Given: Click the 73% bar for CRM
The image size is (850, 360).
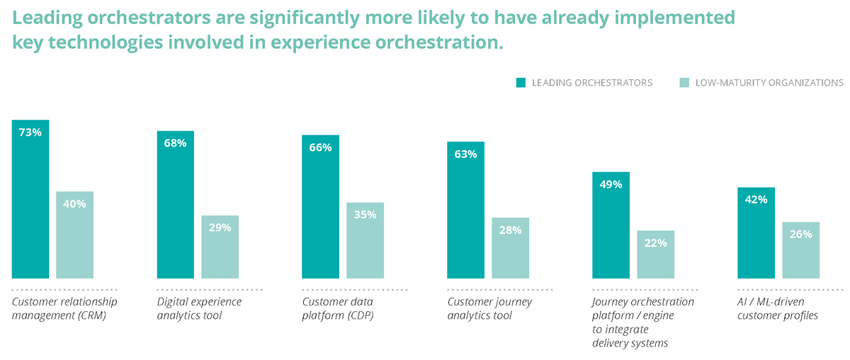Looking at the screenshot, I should coord(30,199).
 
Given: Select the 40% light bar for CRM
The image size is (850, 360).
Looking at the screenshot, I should coord(74,235).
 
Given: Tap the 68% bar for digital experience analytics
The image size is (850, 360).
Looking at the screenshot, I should coord(175,205).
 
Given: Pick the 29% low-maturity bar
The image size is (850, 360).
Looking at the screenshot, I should coord(220,247).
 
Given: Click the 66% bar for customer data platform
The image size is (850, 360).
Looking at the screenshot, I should coord(320,207).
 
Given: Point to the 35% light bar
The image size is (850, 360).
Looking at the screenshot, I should coord(365,240).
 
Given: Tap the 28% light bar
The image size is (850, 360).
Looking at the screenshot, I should coord(510,248).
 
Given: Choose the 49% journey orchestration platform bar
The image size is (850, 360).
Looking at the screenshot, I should coord(611,225).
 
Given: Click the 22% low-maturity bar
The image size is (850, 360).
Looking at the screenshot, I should coord(655,254).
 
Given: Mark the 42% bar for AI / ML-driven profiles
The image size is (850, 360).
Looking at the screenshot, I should coord(756,233).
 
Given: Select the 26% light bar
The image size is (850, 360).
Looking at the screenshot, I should coord(800,250).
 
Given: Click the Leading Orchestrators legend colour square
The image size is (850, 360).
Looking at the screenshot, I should coord(521,83).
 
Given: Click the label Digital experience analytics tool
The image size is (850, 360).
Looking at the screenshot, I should coord(199,308).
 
